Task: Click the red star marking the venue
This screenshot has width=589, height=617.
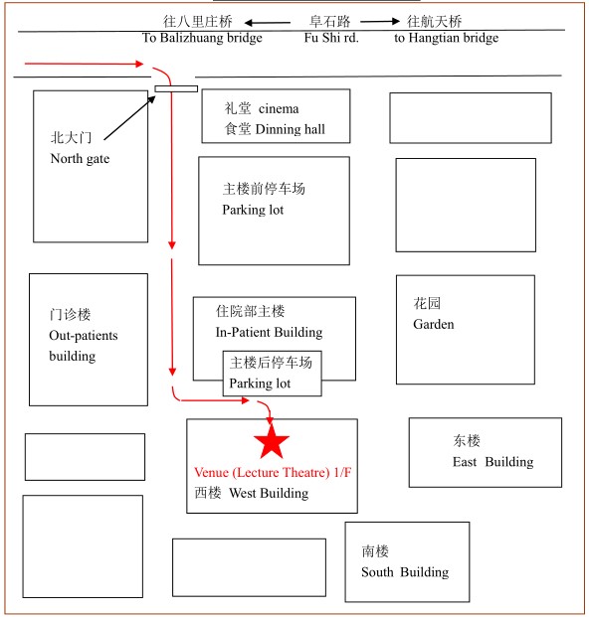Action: (271, 440)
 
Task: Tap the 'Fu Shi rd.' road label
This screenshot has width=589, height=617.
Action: (331, 38)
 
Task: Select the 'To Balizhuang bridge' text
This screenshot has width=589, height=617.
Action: (202, 38)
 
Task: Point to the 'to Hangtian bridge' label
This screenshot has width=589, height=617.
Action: (446, 38)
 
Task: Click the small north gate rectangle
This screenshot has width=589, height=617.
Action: (176, 89)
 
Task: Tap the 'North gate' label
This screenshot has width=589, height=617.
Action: (80, 159)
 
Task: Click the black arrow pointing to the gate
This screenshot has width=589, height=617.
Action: (129, 117)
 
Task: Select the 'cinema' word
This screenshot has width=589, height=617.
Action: (279, 108)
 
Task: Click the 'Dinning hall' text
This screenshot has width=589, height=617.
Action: (290, 129)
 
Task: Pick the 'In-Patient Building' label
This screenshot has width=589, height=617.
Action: (269, 332)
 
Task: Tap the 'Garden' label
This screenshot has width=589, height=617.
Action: (434, 324)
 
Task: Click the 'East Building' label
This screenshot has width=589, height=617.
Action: (492, 462)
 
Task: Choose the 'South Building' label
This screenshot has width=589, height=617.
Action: (405, 571)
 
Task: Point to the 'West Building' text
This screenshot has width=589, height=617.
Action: (269, 493)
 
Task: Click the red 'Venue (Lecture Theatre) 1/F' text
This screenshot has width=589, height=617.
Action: (273, 472)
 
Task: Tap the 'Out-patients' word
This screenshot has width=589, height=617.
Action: (84, 336)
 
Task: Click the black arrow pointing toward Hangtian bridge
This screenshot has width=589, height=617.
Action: (380, 21)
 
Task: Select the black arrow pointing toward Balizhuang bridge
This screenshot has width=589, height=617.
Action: (267, 23)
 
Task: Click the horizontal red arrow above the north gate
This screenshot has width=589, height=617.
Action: (84, 64)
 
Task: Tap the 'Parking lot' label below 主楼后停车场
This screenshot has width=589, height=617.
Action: (260, 384)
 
